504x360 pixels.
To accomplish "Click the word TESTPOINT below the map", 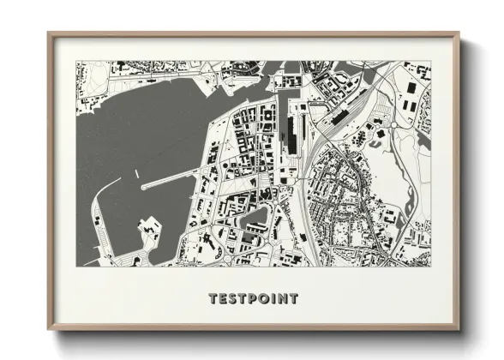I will (x=253, y=299).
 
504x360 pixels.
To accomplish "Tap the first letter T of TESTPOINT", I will (x=213, y=299).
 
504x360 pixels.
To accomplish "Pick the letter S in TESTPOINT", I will (x=231, y=299).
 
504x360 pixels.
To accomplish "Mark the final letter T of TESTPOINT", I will (x=293, y=299).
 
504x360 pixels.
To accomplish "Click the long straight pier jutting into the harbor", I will (x=176, y=178).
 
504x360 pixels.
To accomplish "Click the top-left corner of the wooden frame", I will (x=50, y=34).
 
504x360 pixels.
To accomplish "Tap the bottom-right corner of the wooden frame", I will (x=458, y=328).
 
